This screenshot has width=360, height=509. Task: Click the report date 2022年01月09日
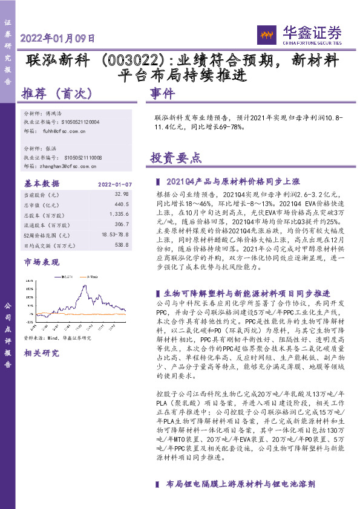click(x=58, y=38)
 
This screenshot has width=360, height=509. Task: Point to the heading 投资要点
click(x=175, y=158)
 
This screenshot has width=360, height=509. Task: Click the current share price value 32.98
click(x=121, y=195)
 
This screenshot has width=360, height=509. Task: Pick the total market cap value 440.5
click(x=121, y=204)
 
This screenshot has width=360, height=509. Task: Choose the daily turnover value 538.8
click(x=121, y=244)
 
